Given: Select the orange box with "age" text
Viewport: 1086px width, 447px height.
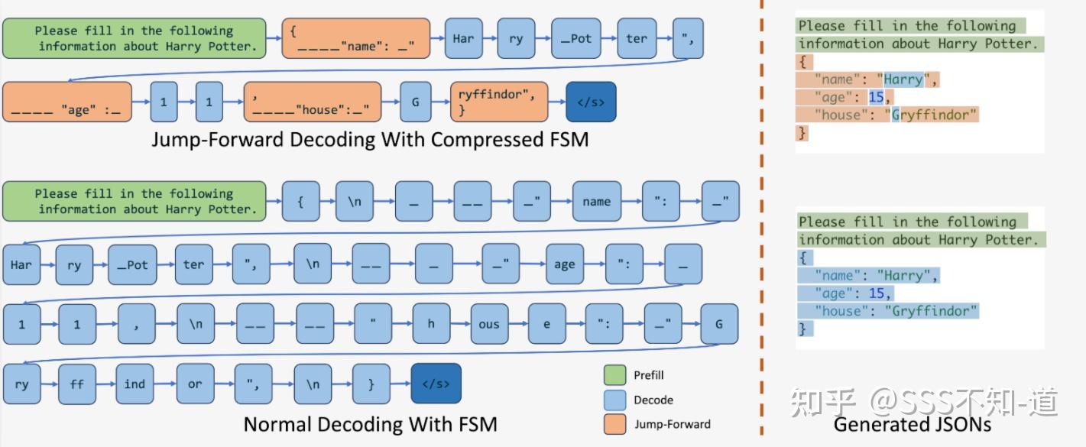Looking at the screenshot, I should click(x=66, y=102).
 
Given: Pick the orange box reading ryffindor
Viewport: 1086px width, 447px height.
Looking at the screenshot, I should click(x=499, y=102).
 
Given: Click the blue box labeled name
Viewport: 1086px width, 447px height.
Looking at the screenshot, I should click(x=596, y=202).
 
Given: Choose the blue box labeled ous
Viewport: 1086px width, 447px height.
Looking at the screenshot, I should click(x=489, y=324).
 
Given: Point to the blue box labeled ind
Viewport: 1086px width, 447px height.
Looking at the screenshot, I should click(x=135, y=384).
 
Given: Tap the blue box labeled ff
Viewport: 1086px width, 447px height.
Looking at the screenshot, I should click(x=77, y=384).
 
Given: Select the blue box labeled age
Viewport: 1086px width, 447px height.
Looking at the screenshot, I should click(x=564, y=264).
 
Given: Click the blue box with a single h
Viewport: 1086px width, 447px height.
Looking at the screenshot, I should click(x=431, y=324).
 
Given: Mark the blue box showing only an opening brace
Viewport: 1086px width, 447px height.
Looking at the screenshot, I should click(x=301, y=202).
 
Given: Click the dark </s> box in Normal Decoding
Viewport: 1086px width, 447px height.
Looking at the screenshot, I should click(x=436, y=384).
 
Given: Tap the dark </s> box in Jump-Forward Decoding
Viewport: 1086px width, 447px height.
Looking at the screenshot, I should click(x=591, y=102).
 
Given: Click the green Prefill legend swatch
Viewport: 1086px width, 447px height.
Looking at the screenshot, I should click(x=614, y=375).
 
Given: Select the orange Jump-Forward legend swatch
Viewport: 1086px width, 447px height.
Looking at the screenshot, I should click(x=614, y=424).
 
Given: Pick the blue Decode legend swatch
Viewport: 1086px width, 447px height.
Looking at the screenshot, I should click(x=614, y=400).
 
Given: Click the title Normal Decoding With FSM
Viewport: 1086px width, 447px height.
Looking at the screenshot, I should click(x=370, y=424).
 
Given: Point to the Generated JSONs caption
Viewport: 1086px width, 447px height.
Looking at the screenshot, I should click(x=912, y=424).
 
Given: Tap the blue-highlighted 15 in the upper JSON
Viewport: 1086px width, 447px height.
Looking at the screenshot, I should click(x=876, y=97).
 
